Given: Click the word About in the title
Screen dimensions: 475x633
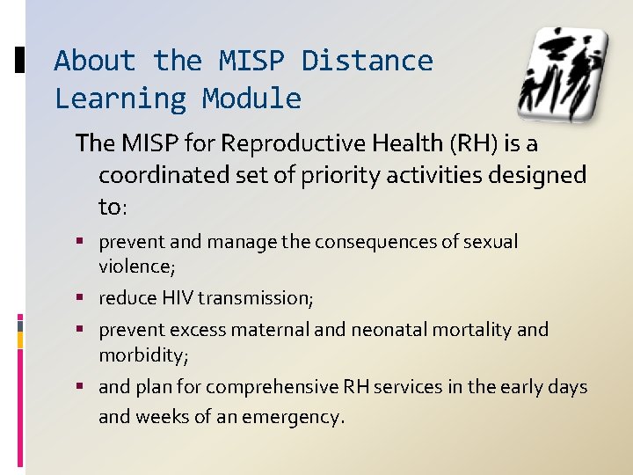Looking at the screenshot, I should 95,61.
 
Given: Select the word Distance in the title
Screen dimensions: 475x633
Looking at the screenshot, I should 367,61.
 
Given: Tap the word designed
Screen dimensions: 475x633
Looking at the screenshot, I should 536,174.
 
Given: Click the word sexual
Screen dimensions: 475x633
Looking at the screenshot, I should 493,242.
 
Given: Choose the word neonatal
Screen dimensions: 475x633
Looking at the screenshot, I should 388,330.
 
